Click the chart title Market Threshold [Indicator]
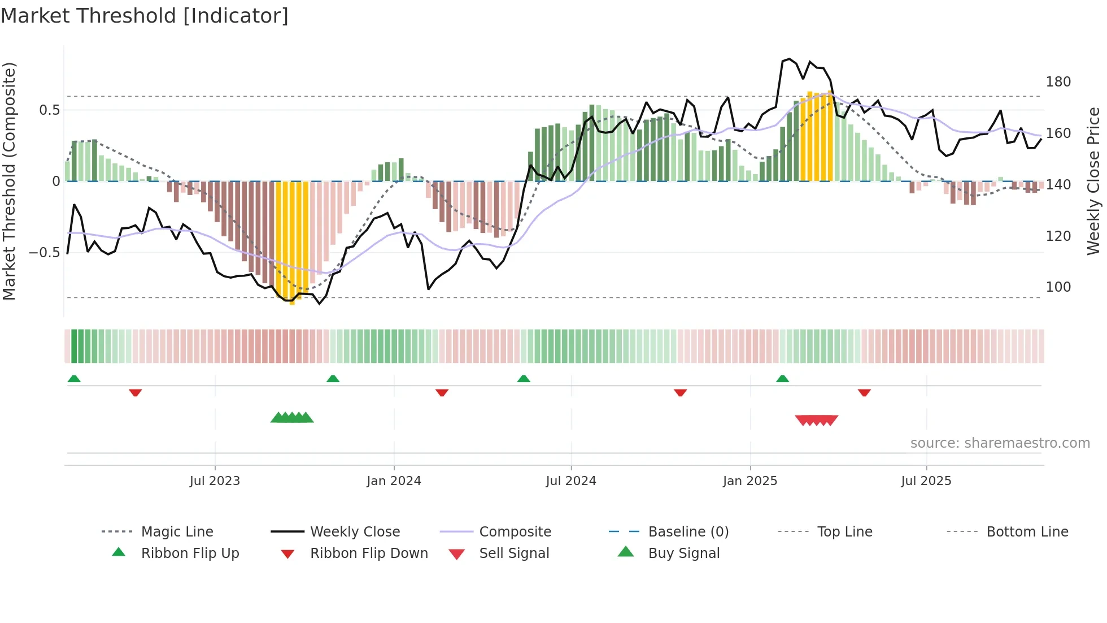(x=145, y=16)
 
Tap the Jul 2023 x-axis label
(x=215, y=481)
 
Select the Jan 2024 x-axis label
(x=394, y=481)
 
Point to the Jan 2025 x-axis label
(x=750, y=481)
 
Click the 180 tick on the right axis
(x=1058, y=82)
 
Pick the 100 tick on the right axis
(x=1058, y=287)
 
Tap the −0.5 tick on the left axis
(x=44, y=252)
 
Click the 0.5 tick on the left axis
(x=49, y=110)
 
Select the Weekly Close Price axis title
(x=1093, y=181)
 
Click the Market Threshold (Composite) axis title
(x=9, y=181)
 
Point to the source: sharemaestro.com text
(x=1000, y=443)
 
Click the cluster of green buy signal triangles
(x=292, y=418)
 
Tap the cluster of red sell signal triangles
(x=816, y=420)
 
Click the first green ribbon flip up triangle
(x=74, y=379)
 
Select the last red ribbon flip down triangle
(x=864, y=392)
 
